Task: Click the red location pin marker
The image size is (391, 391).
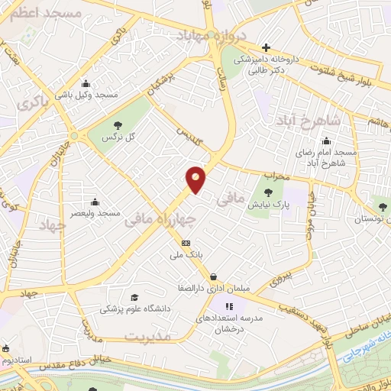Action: pos(196,179)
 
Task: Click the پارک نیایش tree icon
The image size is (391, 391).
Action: pos(267,192)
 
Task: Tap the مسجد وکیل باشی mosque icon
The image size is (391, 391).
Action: pos(85,84)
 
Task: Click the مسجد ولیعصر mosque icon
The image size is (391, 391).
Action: pos(95,202)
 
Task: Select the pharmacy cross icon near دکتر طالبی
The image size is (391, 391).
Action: pos(266,47)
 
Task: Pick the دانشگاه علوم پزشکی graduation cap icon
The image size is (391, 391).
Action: pos(135,297)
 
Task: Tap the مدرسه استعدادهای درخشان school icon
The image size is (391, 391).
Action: pos(230,306)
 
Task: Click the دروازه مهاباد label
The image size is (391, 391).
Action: pos(209,35)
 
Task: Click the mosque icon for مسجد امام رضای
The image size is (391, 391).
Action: pos(326,141)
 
